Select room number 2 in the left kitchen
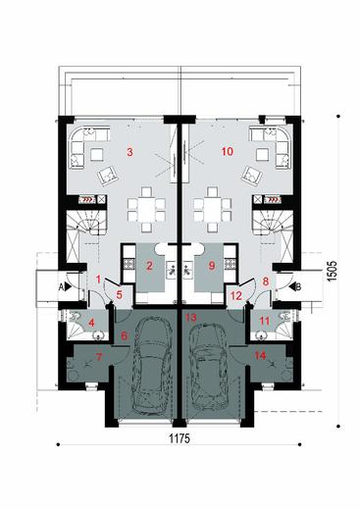point(149,265)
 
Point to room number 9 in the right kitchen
point(211,265)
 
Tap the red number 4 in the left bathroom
point(90,323)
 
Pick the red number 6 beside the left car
point(124,336)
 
